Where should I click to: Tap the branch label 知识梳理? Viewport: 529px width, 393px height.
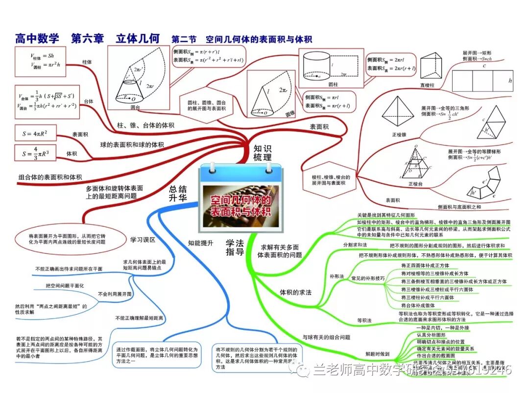coord(262,153)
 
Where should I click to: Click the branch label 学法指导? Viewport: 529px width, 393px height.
coord(234,247)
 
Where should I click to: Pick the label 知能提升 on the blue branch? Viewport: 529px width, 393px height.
coord(200,242)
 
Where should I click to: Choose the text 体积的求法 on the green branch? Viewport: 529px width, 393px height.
coord(295,292)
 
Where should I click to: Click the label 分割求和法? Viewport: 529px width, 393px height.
coord(355,245)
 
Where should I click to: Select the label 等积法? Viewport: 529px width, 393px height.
coord(364,320)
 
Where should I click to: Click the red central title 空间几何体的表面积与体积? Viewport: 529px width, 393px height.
coord(240,206)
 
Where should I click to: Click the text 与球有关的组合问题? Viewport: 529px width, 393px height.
coord(326,337)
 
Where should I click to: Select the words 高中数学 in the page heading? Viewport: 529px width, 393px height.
coord(37,38)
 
